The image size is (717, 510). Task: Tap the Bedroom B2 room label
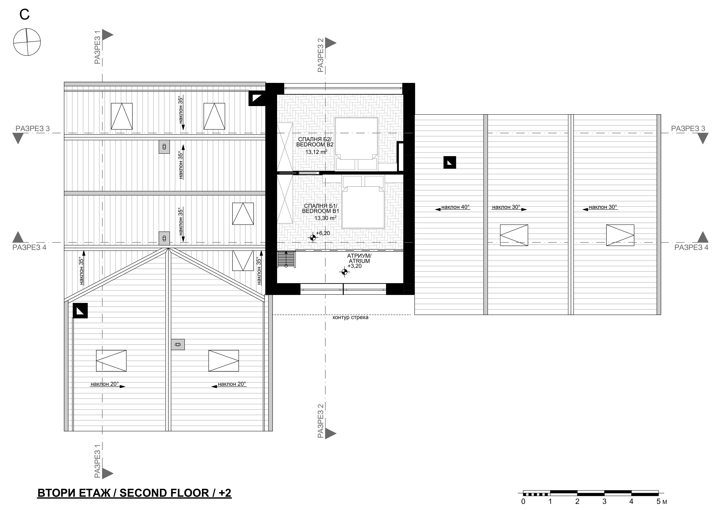click(x=315, y=142)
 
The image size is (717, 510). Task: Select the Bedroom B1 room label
click(x=320, y=208)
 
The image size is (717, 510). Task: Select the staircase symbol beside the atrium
click(x=286, y=259)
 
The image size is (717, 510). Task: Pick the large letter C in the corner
click(x=24, y=14)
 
